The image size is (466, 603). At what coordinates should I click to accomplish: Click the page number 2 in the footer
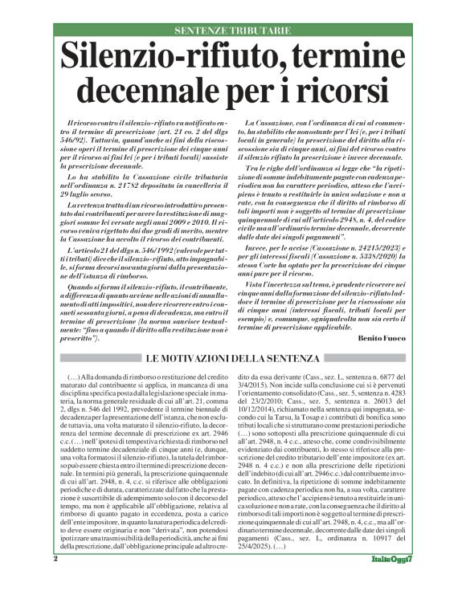(x=56, y=581)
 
